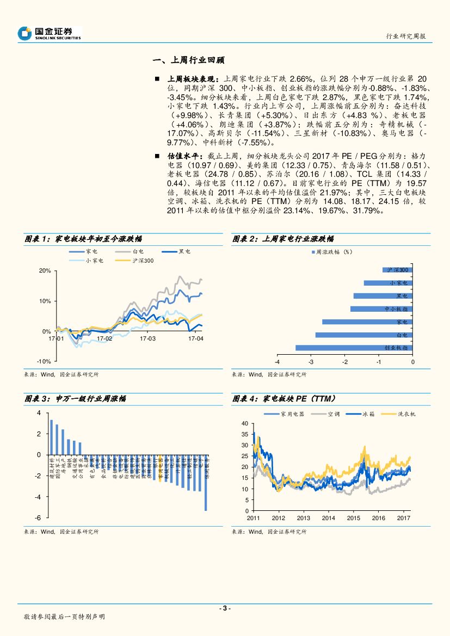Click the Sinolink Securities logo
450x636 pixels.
click(x=48, y=34)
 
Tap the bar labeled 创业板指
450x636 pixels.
click(x=354, y=348)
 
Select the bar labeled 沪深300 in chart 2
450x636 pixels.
click(x=397, y=269)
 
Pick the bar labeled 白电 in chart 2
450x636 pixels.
click(x=364, y=335)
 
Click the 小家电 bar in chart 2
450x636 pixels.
click(x=388, y=282)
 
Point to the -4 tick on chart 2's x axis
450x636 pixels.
click(x=277, y=362)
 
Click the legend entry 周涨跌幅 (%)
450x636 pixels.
click(x=331, y=252)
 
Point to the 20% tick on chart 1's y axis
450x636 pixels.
click(x=45, y=270)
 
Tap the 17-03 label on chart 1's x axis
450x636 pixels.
click(x=147, y=338)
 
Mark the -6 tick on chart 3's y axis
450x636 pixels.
click(x=38, y=517)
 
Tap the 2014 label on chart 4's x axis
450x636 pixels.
click(x=328, y=518)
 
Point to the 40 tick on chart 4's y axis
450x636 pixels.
click(x=244, y=423)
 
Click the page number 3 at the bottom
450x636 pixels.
click(x=225, y=608)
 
